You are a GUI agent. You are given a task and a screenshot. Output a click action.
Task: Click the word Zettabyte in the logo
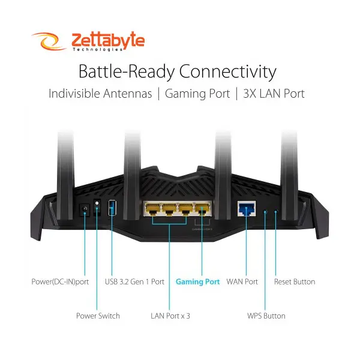point(107,40)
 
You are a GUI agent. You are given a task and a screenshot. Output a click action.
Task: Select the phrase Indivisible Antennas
point(100,94)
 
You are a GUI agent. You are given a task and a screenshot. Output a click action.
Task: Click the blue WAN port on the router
point(245,208)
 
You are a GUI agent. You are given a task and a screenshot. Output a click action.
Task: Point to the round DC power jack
point(85,209)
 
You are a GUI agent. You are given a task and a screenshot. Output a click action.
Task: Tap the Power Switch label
point(98,316)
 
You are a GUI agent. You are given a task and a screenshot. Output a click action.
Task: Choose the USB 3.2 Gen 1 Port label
point(134,281)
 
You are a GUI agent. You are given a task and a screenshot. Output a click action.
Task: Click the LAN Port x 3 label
point(170,316)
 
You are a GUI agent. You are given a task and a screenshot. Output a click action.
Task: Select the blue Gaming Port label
point(198,281)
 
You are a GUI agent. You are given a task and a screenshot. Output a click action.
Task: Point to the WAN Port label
point(242,281)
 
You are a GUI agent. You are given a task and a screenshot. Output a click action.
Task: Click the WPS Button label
point(266,316)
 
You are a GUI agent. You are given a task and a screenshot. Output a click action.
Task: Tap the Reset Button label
point(295,281)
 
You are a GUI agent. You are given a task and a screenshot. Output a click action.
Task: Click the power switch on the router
point(97,209)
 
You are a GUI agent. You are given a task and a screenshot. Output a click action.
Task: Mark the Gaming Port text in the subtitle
point(197,94)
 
